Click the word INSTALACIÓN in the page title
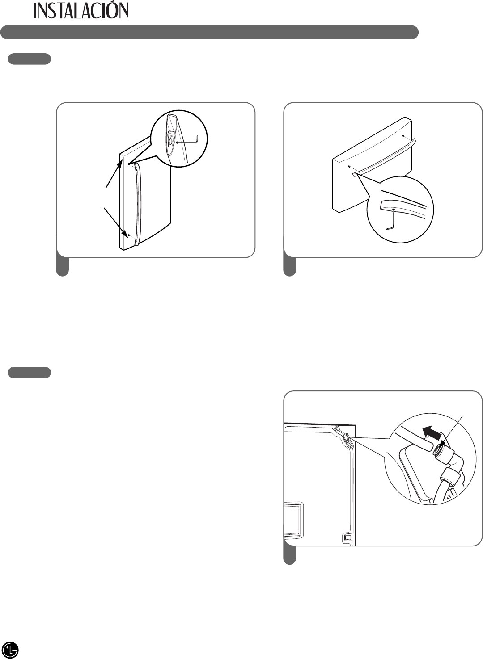coord(81,10)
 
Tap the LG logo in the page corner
coord(10,647)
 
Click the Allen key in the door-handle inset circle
coord(188,140)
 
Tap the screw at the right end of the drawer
coord(402,136)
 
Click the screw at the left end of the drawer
coord(349,167)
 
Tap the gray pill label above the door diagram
coord(30,59)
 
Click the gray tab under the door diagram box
coord(63,267)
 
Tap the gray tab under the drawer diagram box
coord(289,267)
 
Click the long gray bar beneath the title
coord(209,32)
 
